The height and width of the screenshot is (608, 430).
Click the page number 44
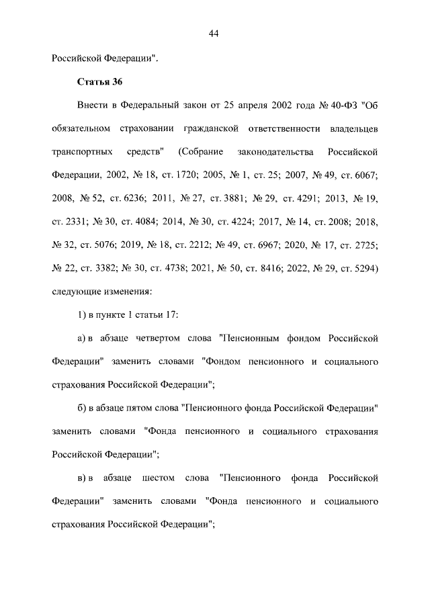[x=215, y=34]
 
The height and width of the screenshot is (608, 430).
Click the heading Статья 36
[x=94, y=82]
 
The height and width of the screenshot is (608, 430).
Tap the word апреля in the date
[x=250, y=105]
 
